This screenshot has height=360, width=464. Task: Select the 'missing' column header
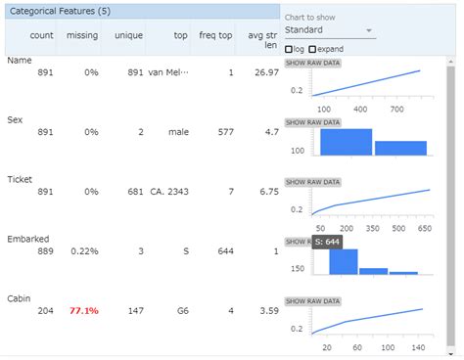point(82,35)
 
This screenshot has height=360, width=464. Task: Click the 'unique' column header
point(128,35)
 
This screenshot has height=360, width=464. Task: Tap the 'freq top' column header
point(217,35)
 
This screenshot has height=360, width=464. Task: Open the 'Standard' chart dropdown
point(329,30)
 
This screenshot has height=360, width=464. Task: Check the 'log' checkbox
point(289,49)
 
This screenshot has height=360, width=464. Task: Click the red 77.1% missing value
point(83,311)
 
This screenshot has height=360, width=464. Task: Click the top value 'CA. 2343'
point(168,192)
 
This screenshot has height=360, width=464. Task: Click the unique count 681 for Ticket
point(134,192)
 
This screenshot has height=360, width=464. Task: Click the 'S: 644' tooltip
point(328,241)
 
